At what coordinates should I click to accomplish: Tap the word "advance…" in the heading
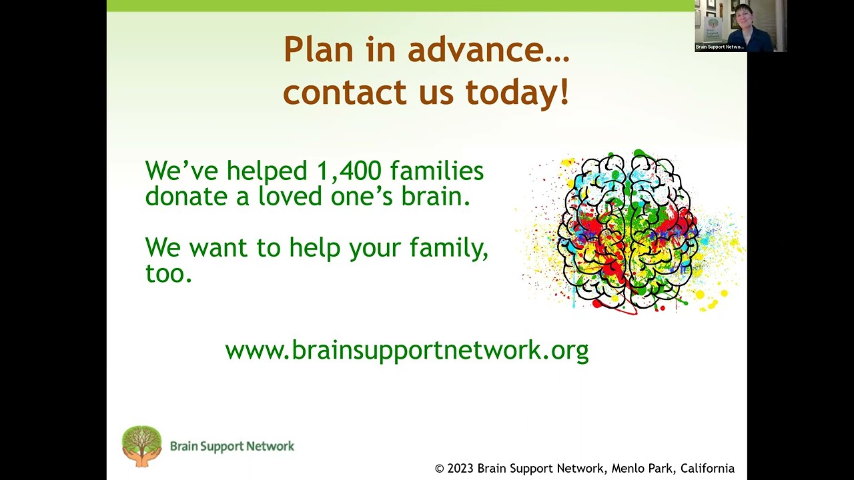point(497,50)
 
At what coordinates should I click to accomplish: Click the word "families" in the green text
point(437,171)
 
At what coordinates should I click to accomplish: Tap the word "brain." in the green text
point(437,196)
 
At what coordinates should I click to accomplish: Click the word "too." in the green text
point(169,273)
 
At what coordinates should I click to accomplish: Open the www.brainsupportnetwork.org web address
point(407,349)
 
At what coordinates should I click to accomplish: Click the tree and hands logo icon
point(141,445)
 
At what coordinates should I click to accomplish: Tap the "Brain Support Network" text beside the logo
point(232,446)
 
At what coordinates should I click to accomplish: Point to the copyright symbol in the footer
point(439,469)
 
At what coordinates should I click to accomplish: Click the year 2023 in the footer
point(460,469)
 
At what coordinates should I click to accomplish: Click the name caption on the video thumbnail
point(719,47)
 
